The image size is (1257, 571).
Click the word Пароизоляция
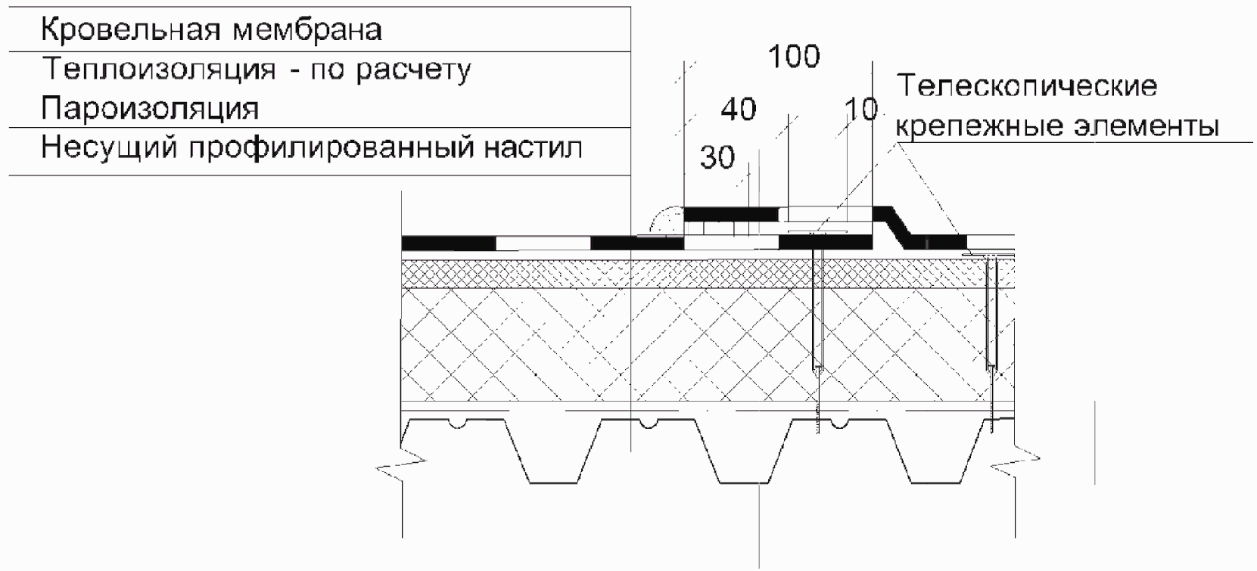(150, 109)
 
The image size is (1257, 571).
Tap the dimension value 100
(794, 57)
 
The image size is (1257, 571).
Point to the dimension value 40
(738, 110)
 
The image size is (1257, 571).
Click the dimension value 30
(717, 158)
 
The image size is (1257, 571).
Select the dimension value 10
(861, 111)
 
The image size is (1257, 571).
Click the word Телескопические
(1026, 85)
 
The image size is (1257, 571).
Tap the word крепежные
(973, 126)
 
